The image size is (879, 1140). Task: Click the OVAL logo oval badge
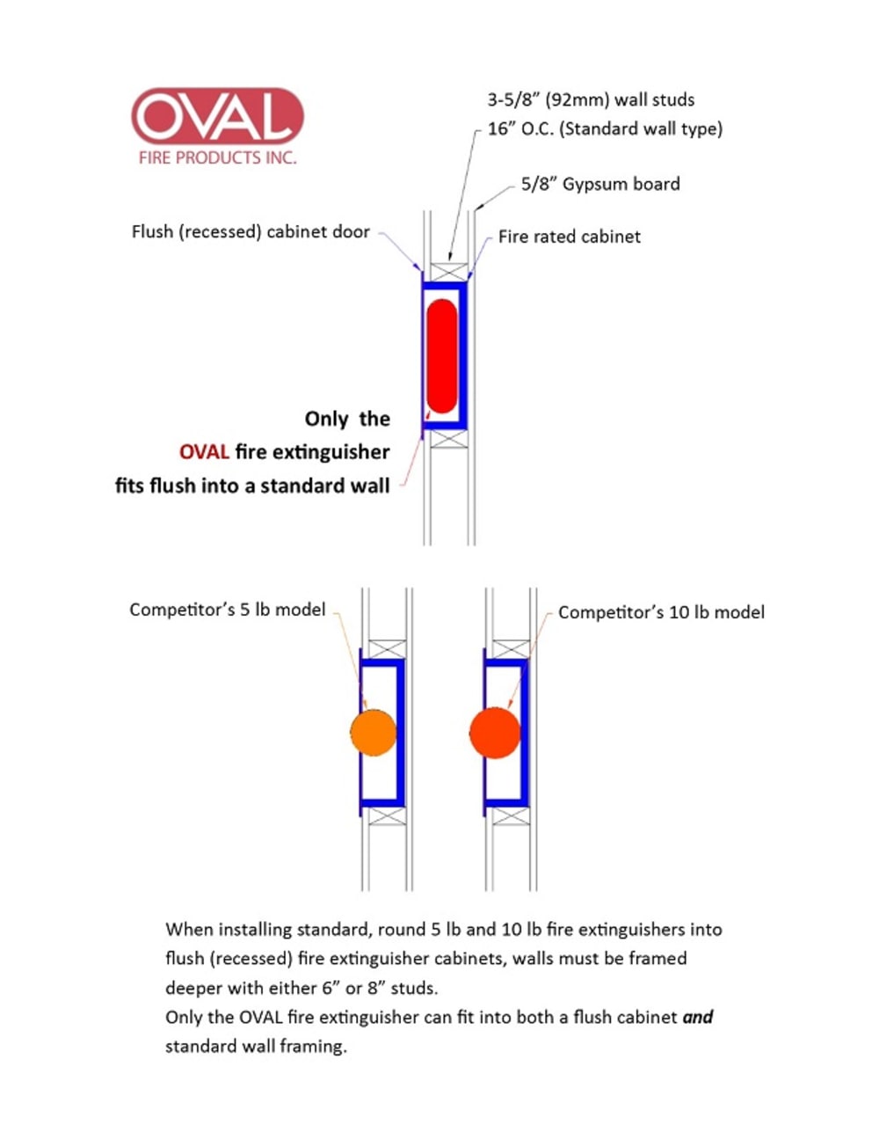tap(217, 116)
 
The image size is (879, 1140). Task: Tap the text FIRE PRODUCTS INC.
tap(217, 158)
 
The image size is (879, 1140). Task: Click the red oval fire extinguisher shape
tap(441, 356)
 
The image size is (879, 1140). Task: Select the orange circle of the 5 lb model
tap(373, 731)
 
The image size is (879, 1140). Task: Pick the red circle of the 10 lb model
tap(495, 731)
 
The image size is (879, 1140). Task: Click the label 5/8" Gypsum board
tap(600, 184)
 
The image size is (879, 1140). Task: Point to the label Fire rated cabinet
tap(569, 237)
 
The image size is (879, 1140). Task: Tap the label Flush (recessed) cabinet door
tap(251, 232)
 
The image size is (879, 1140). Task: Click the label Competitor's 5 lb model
tap(227, 610)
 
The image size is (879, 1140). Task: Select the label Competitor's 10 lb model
tap(661, 612)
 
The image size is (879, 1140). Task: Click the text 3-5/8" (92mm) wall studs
tap(591, 99)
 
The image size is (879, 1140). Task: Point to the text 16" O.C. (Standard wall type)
tap(605, 128)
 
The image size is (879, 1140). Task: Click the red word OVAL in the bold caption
tap(204, 452)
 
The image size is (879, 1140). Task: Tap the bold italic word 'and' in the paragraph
tap(698, 1017)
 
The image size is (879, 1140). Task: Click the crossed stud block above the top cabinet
tap(447, 272)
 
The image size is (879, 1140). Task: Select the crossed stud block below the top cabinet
tap(447, 437)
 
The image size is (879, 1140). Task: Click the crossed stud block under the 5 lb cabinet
tap(386, 815)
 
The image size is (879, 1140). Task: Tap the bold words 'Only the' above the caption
tap(347, 419)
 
